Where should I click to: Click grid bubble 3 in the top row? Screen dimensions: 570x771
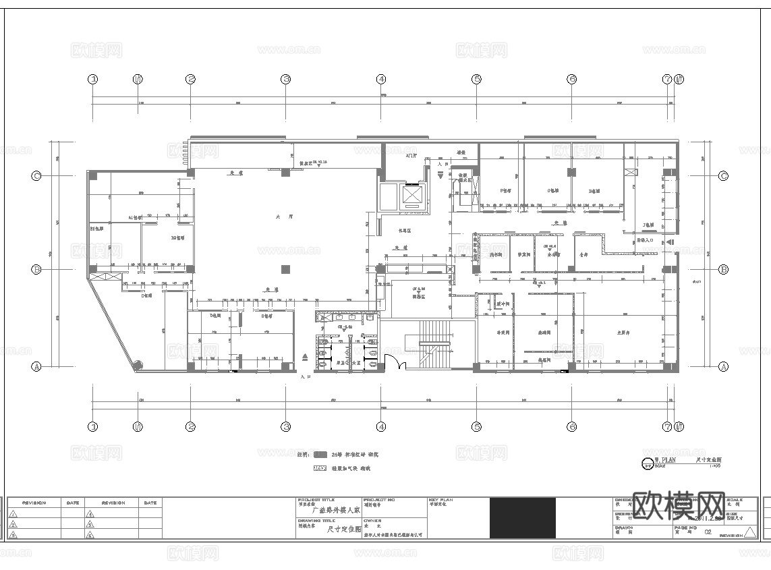[286, 79]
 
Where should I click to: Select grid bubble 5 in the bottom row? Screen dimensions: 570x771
[476, 426]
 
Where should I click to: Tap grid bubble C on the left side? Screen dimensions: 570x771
[36, 176]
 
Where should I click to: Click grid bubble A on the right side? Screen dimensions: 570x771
[723, 367]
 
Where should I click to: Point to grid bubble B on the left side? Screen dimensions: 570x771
[36, 269]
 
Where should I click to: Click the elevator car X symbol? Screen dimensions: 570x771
[411, 194]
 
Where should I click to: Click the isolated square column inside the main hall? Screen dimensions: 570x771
[285, 269]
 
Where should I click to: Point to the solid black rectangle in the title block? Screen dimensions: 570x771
[523, 518]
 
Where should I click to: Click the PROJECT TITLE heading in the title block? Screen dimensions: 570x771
[313, 501]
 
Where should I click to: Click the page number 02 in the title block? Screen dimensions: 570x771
[708, 532]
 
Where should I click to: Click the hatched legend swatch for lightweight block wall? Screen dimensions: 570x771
[320, 467]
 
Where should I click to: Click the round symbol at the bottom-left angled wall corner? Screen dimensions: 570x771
[137, 365]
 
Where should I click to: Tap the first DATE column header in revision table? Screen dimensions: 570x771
[73, 503]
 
